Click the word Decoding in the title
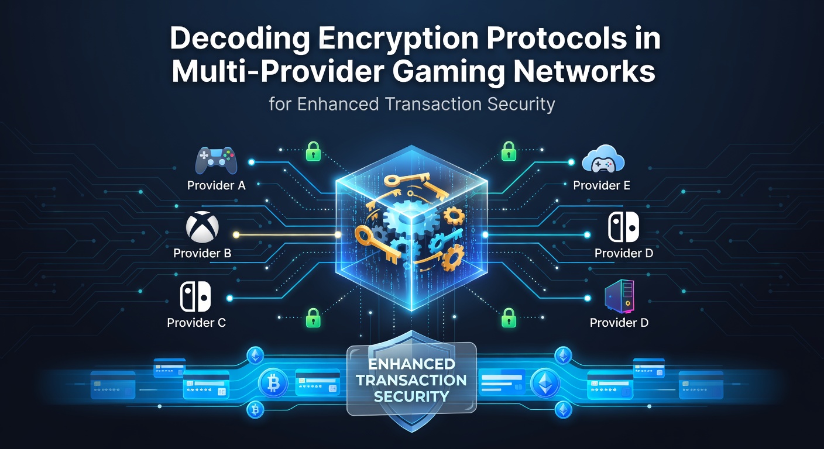[239, 40]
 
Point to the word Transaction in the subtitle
[433, 103]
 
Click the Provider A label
[216, 185]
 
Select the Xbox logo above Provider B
[202, 227]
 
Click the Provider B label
[202, 253]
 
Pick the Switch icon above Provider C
[195, 296]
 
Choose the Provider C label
[196, 323]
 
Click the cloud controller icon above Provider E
[603, 159]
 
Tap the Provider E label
[602, 185]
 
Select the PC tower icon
[620, 296]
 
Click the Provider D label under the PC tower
[619, 323]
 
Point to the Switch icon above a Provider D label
[623, 227]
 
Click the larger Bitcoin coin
[273, 384]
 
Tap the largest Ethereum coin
[545, 383]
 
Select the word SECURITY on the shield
[411, 396]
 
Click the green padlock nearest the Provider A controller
[314, 151]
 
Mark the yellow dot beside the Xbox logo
[236, 235]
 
